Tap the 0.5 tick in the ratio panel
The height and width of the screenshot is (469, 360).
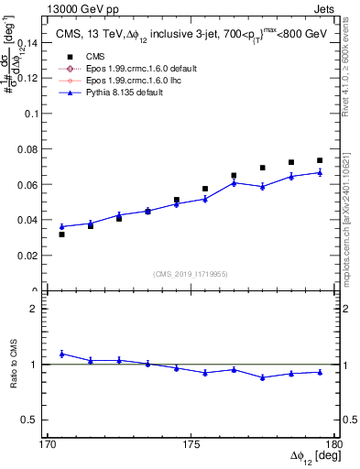(x=35, y=420)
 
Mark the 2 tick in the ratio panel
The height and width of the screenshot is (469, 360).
(x=38, y=310)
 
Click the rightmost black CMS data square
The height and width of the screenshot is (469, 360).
(x=320, y=160)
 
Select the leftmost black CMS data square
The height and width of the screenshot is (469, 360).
(x=61, y=234)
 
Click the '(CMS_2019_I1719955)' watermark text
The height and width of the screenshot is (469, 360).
(x=191, y=273)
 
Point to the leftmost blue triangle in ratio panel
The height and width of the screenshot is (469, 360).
(x=61, y=354)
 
